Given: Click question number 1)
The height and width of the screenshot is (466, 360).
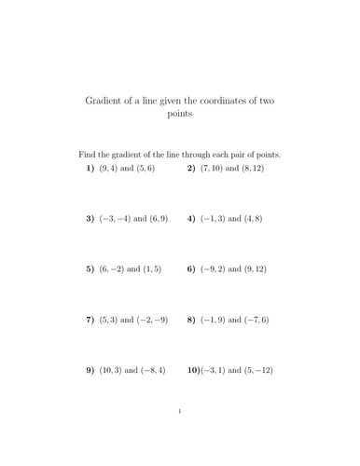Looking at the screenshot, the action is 90,169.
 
